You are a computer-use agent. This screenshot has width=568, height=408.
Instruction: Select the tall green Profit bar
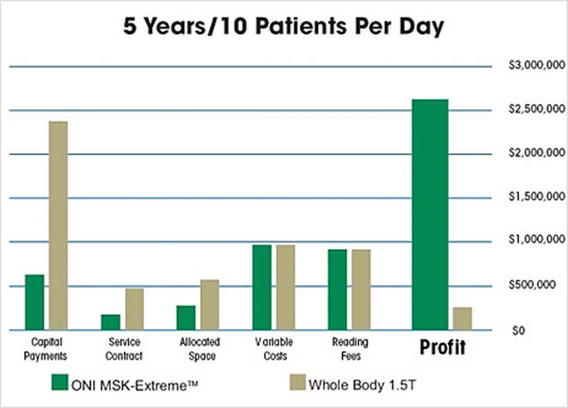(x=430, y=214)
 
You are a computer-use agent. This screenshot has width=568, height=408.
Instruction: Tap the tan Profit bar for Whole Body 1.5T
(x=462, y=318)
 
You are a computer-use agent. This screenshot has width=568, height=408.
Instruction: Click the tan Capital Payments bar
(x=58, y=225)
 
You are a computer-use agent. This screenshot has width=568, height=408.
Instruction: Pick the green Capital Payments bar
(x=35, y=302)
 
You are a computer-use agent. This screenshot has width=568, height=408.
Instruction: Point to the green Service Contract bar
(x=110, y=322)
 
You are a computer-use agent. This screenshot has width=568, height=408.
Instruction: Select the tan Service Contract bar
(x=134, y=309)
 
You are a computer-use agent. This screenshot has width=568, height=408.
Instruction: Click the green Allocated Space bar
(x=186, y=318)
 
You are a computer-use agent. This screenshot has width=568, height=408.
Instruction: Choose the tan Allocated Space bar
(x=210, y=304)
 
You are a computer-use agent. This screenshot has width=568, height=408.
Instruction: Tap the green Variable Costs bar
(x=262, y=287)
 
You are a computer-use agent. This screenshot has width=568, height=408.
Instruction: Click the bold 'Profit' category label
(x=442, y=347)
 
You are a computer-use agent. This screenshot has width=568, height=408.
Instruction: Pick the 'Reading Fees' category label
(x=349, y=349)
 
